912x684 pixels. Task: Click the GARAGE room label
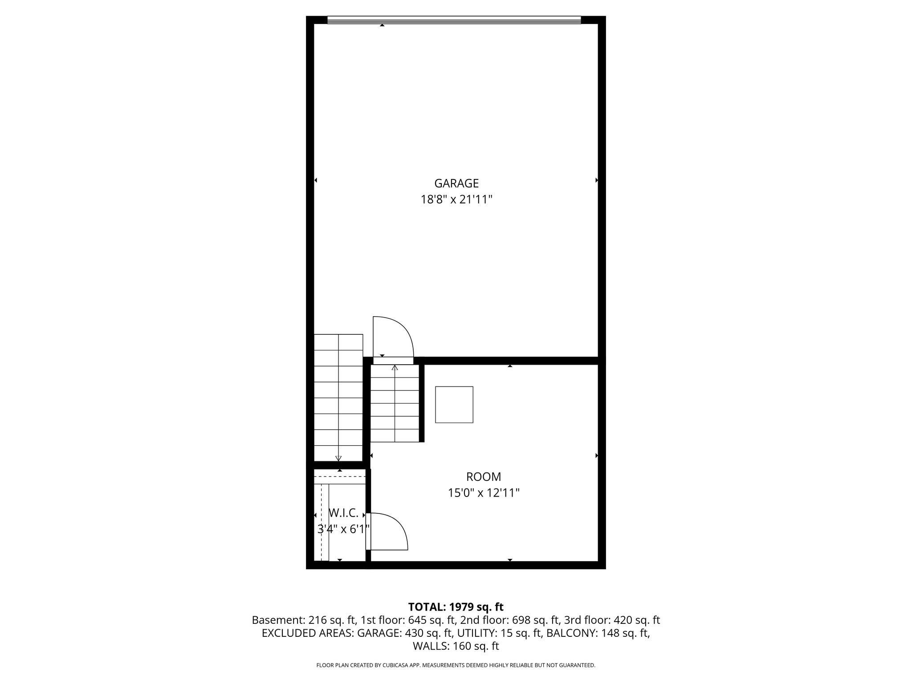(456, 183)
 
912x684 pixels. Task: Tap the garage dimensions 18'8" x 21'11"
(456, 199)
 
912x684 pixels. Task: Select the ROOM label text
(483, 477)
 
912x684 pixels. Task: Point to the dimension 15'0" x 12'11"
(483, 493)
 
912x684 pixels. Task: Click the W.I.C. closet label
(343, 513)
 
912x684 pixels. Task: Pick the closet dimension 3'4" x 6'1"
(343, 529)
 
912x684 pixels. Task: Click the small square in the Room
(454, 404)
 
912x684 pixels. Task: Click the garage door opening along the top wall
(454, 20)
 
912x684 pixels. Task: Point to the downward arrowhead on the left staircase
(338, 458)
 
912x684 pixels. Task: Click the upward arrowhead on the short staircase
(395, 368)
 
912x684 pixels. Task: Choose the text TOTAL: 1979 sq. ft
(456, 607)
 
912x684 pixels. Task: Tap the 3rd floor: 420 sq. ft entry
(612, 620)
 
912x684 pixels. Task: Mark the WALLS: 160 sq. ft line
(456, 646)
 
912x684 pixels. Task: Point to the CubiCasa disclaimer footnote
(456, 665)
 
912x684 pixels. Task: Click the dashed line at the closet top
(340, 476)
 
